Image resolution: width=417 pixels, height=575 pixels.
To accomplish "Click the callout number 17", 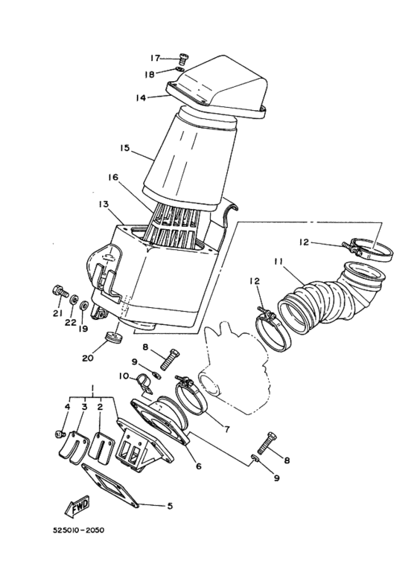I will click(x=155, y=57).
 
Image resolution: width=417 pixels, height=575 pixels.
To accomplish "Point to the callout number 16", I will click(x=112, y=178).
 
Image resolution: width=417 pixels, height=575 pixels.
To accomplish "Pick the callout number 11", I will click(x=278, y=262).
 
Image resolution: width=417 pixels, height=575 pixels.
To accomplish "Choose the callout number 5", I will click(x=170, y=506).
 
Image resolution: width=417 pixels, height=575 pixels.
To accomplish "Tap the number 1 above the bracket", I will click(x=92, y=389).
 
